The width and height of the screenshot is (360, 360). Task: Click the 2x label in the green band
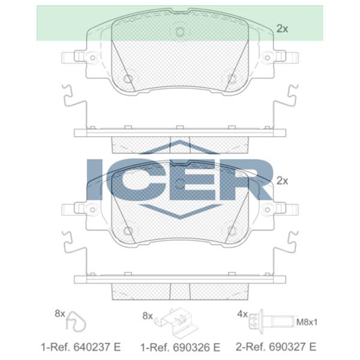(282, 28)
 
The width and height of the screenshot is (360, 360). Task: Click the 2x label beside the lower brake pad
(282, 180)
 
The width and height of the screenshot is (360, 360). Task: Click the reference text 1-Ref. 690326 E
(181, 347)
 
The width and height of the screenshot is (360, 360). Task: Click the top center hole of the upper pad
(179, 32)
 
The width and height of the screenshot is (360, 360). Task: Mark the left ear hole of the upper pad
(92, 58)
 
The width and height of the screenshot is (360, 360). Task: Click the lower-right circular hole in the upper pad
(232, 79)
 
